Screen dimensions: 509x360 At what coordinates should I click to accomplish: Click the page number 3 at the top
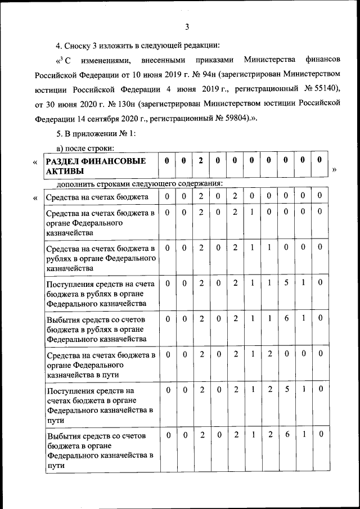[187, 26]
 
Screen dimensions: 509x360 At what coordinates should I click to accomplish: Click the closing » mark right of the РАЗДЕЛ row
[335, 170]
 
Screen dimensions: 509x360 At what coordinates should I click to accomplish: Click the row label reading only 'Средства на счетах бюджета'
[97, 197]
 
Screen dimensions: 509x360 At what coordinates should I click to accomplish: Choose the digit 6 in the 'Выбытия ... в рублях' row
[286, 318]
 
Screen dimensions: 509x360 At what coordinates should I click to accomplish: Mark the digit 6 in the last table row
[286, 434]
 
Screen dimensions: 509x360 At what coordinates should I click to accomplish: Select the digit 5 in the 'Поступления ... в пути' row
[286, 389]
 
